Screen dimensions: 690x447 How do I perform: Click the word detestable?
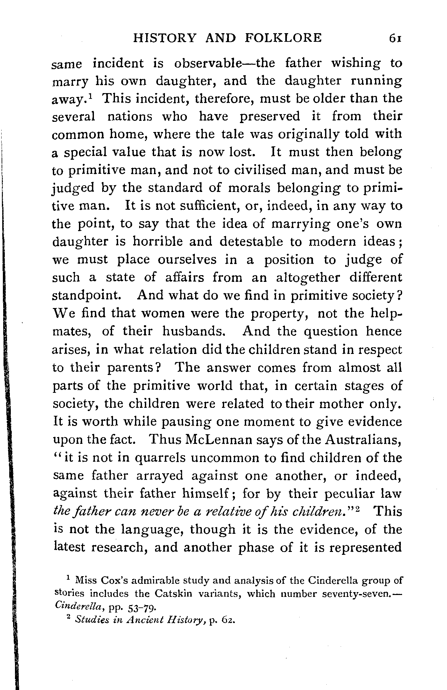pyautogui.click(x=251, y=242)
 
